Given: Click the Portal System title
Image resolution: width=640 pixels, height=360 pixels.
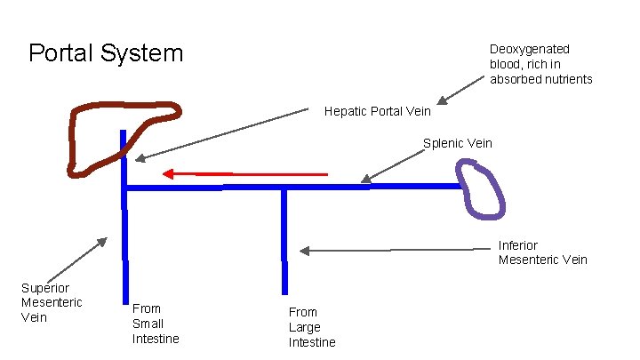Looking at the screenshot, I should (106, 53).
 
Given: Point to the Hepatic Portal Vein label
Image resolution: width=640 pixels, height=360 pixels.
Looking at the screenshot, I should (377, 112).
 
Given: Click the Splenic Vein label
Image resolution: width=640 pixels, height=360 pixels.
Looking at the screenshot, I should (457, 143).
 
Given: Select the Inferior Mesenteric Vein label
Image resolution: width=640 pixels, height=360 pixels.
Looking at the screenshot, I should (542, 252).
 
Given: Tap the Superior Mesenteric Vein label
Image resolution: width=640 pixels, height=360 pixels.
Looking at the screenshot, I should (52, 302).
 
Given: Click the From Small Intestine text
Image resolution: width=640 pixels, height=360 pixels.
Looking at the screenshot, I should (156, 324).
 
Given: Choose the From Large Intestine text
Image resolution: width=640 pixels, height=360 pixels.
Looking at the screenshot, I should (312, 327).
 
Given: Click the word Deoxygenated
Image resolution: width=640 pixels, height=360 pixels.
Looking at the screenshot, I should (530, 49).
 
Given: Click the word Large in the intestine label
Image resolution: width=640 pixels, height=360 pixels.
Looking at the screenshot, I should (306, 327).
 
